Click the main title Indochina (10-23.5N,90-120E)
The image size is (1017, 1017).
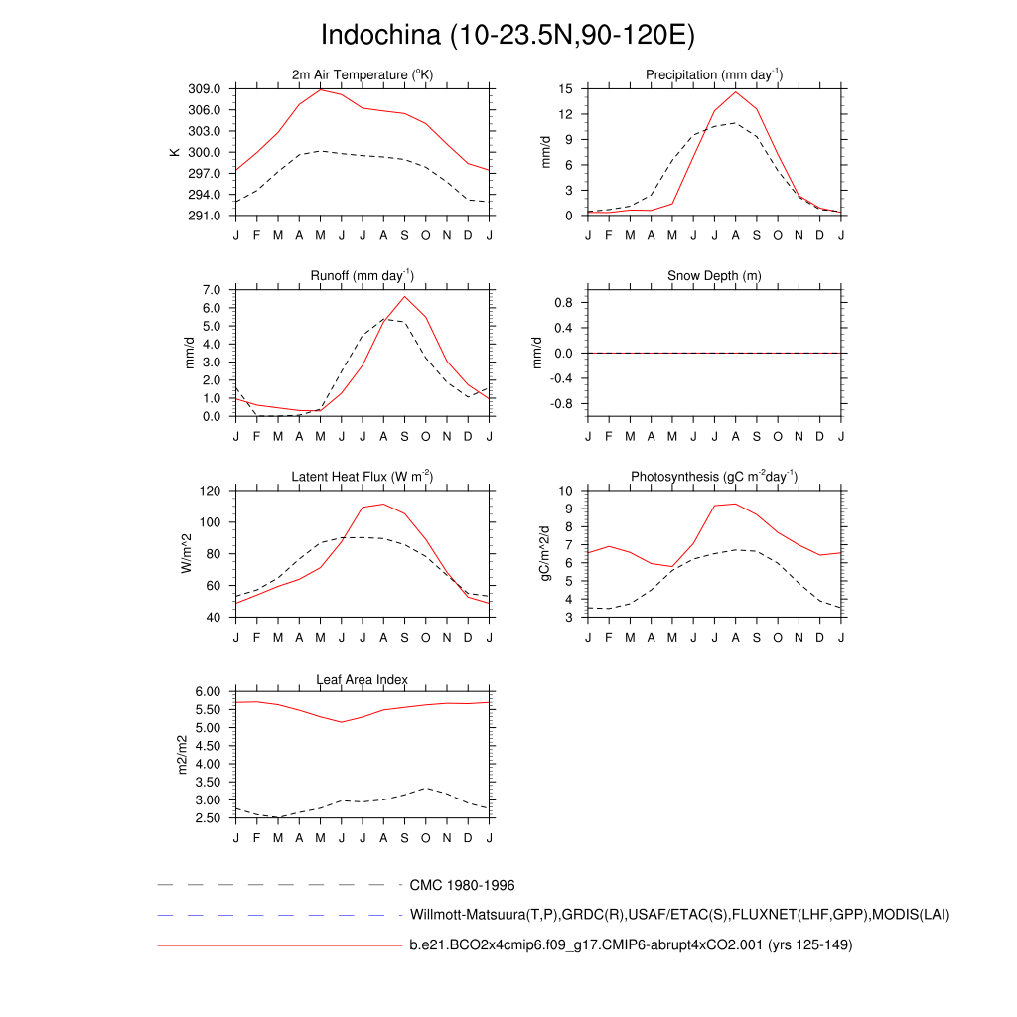[508, 35]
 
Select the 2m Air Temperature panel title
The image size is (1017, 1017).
[363, 74]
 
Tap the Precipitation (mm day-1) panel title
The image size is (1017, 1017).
[714, 74]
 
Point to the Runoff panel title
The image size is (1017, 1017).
[363, 275]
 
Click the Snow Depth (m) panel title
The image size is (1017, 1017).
[714, 275]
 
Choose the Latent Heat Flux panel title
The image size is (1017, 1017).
[363, 477]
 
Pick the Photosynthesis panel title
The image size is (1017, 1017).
[714, 477]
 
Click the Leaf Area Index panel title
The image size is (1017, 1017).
[363, 679]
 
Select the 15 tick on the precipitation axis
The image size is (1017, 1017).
[565, 88]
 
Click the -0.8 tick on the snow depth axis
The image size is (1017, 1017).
[562, 404]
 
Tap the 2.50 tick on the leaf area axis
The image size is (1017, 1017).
[212, 818]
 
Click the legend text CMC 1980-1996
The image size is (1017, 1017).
[462, 885]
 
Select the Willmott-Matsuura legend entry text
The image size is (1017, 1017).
[679, 914]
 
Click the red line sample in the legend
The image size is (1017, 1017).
[278, 945]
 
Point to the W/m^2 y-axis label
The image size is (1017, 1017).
[185, 554]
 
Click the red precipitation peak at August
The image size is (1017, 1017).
[736, 92]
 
